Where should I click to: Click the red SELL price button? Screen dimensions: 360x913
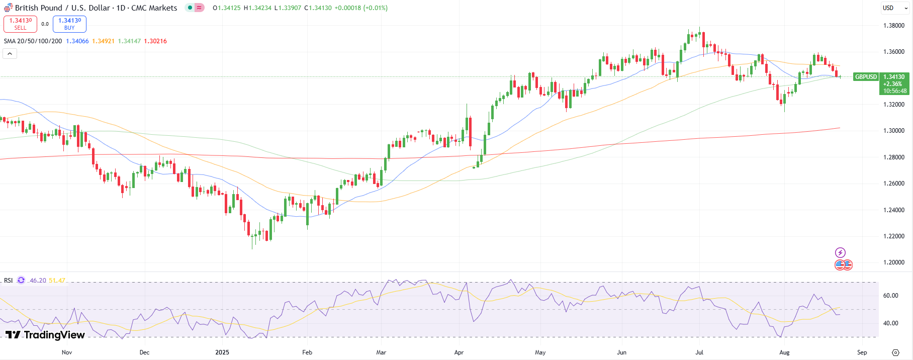(x=20, y=24)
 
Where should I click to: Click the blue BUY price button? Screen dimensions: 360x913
(x=69, y=24)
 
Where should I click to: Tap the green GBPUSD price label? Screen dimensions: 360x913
(x=866, y=77)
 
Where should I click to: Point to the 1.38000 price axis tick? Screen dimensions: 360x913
(x=894, y=26)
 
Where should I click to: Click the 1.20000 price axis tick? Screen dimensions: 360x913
(x=894, y=262)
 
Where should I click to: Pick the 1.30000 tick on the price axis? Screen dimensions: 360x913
(x=894, y=131)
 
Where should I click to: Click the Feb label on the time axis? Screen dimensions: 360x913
(x=307, y=352)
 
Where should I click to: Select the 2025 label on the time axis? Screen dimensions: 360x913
(x=222, y=352)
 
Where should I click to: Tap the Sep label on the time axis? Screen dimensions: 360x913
(x=862, y=352)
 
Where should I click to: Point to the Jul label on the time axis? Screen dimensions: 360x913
(x=699, y=352)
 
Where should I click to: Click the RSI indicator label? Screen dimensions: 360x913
(x=9, y=281)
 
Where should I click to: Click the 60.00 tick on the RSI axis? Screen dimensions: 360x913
(x=890, y=296)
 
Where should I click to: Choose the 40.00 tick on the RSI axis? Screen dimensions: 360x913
(x=890, y=323)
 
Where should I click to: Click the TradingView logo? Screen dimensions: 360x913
(x=45, y=335)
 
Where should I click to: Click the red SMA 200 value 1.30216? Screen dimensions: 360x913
(x=155, y=41)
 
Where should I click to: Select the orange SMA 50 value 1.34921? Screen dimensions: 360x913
(x=103, y=41)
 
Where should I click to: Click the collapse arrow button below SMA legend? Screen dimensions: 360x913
(x=10, y=53)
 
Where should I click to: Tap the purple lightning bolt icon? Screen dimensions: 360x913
(x=840, y=252)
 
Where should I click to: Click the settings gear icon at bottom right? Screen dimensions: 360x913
(x=895, y=352)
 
